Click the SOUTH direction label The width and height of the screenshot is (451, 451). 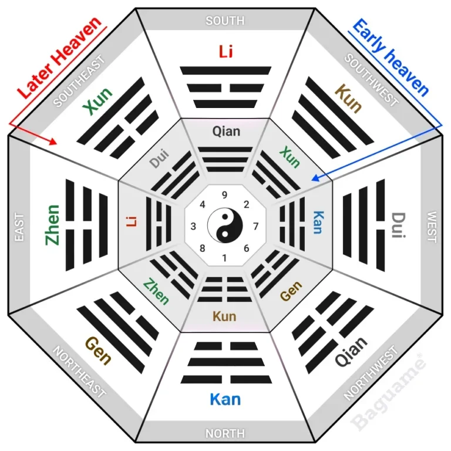tap(225, 21)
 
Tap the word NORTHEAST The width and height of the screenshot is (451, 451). tap(79, 372)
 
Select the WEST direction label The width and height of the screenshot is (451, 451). tap(432, 227)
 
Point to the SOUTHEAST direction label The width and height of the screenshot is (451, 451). tap(79, 81)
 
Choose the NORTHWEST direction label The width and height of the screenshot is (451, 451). tap(371, 373)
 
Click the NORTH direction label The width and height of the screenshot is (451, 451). tap(225, 433)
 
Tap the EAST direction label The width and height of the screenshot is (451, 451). tap(19, 227)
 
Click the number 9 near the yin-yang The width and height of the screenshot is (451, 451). tap(225, 195)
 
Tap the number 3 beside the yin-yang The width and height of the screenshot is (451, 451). tap(193, 226)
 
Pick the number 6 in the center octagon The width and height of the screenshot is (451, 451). tap(247, 248)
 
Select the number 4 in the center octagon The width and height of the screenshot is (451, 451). tap(203, 204)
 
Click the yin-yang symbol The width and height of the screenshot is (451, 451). tap(225, 225)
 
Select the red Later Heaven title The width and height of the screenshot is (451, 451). tap(59, 58)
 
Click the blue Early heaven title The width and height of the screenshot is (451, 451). tap(391, 57)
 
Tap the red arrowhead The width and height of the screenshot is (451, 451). tap(53, 142)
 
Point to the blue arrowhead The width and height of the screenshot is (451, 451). tap(315, 178)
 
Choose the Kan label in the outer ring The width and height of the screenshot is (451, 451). tap(225, 399)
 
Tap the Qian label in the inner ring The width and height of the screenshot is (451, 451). tap(226, 132)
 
